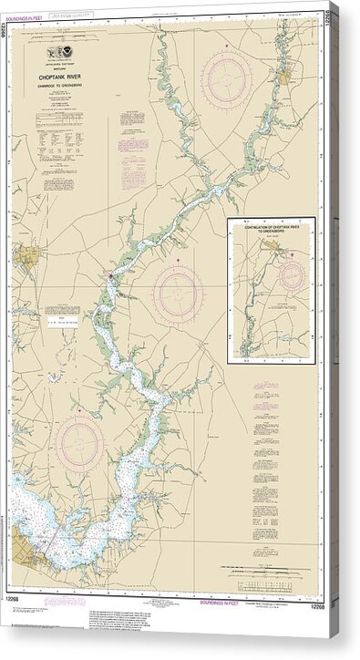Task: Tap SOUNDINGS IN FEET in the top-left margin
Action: point(5,46)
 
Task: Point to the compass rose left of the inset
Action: point(177,293)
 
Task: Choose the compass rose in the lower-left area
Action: point(79,442)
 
